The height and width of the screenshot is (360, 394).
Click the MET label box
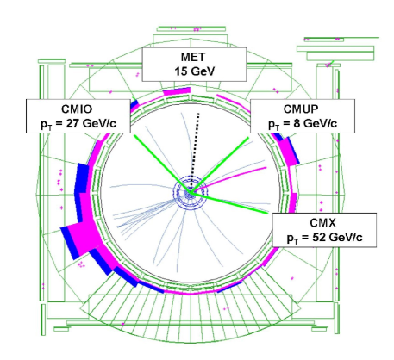tap(194, 64)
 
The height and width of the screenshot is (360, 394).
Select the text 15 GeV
tap(195, 71)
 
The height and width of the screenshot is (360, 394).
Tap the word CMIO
tap(77, 109)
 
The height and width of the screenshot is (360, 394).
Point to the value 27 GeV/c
tap(91, 124)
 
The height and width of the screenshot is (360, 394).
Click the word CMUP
tap(301, 109)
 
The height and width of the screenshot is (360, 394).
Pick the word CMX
tap(322, 223)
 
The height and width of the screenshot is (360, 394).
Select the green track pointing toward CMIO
tap(162, 164)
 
